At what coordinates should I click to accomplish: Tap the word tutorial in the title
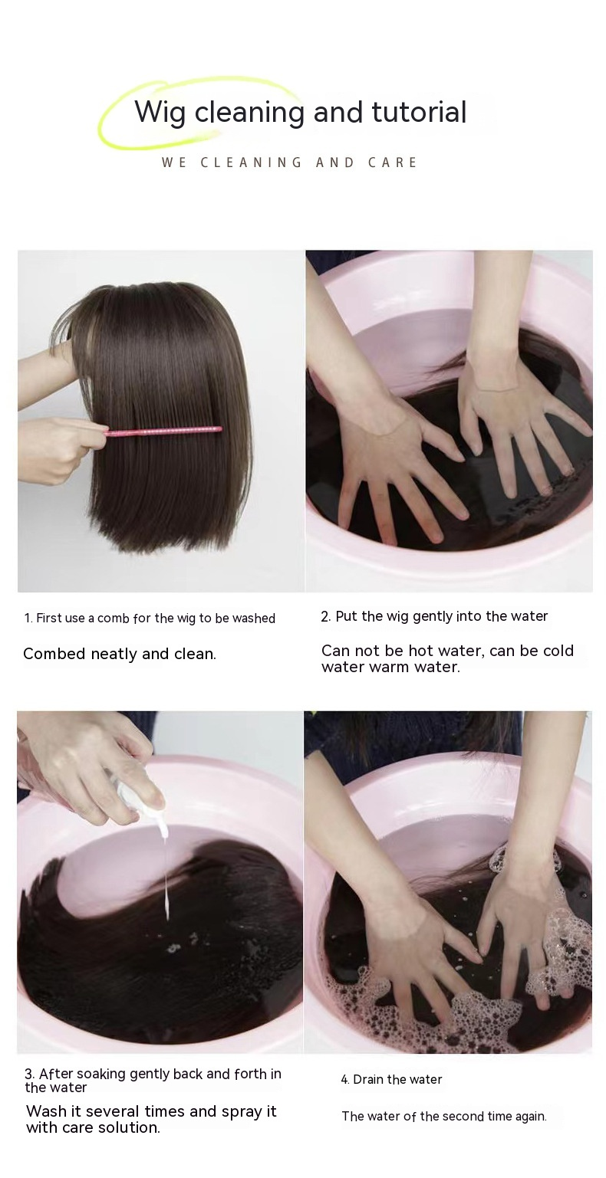point(419,111)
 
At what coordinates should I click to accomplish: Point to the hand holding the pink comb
point(58,446)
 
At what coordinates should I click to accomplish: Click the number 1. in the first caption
point(28,619)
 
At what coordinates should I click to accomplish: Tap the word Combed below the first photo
point(54,655)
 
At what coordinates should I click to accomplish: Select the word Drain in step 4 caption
point(368,1080)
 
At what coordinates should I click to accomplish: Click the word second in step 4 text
point(461,1117)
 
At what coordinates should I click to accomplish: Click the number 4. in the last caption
point(345,1080)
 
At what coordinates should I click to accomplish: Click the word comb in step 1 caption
point(114,619)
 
